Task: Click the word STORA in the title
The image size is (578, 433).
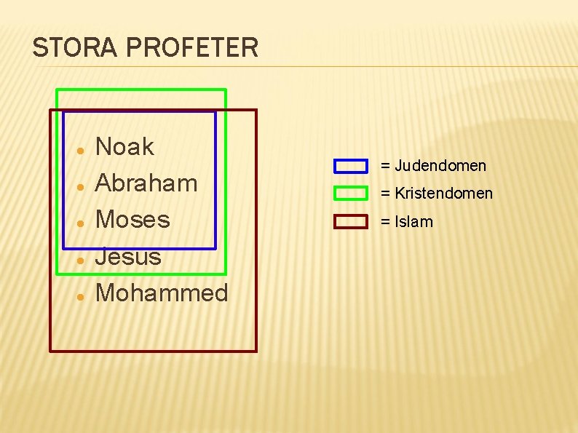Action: click(71, 48)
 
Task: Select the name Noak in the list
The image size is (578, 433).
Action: click(124, 147)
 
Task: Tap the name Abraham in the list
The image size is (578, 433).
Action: click(146, 183)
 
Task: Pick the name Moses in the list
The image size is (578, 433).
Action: click(132, 219)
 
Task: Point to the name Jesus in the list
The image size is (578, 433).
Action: click(128, 256)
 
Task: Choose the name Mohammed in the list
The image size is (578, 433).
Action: click(162, 293)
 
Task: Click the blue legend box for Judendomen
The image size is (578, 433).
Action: click(350, 166)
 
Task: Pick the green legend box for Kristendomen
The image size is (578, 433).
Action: click(350, 194)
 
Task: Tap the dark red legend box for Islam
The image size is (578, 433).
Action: click(350, 221)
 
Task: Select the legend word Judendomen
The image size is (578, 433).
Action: click(440, 166)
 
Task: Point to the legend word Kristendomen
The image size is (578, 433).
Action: click(444, 194)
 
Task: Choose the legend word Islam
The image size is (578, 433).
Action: click(413, 222)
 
